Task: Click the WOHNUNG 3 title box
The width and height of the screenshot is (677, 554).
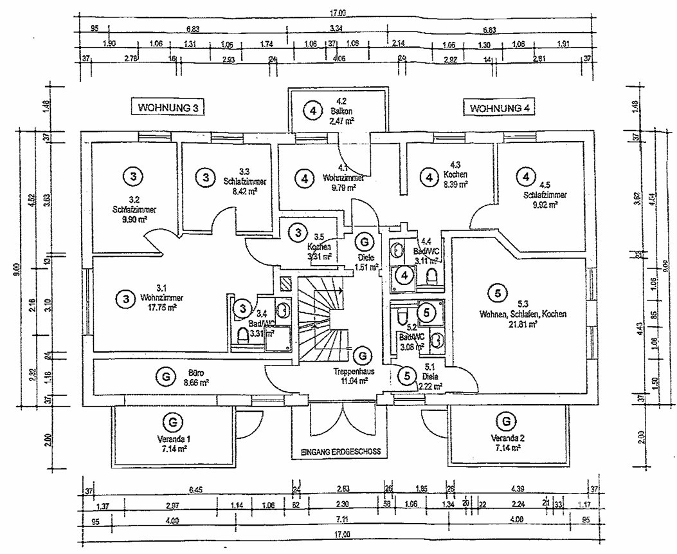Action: point(167,107)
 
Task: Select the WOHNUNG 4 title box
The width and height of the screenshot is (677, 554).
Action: point(500,107)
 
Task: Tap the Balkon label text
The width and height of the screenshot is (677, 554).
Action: point(341,111)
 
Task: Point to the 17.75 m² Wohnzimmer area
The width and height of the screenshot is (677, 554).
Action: point(158,308)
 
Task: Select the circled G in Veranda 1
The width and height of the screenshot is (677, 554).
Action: point(172,422)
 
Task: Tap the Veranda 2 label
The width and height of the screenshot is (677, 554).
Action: point(507,438)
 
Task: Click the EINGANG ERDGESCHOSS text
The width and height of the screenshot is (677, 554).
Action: point(341,452)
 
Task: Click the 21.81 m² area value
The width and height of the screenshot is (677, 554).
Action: point(523,324)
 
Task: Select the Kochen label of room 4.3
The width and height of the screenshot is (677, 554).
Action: point(455,174)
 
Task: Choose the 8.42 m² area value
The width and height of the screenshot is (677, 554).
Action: point(244,190)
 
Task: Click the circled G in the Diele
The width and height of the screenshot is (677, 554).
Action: point(365,242)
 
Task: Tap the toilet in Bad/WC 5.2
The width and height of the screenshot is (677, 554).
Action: point(401,317)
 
